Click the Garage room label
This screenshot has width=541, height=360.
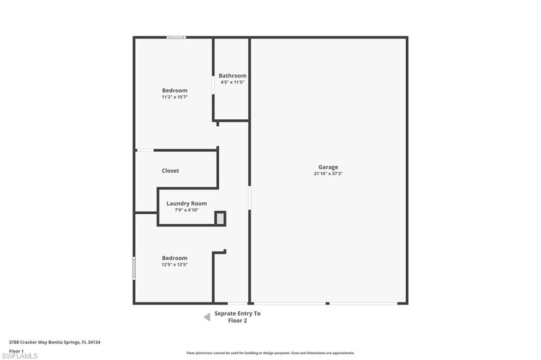[328, 167]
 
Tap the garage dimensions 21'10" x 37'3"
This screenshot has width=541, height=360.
[328, 174]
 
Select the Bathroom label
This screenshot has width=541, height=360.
[232, 75]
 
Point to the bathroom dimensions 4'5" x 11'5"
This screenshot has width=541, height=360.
[232, 82]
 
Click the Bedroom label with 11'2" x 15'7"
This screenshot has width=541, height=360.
[174, 90]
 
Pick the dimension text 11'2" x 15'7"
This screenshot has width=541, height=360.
[174, 97]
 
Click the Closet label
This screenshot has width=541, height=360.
[171, 170]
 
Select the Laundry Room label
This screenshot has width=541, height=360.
[186, 203]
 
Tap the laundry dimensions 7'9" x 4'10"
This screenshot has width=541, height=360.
[186, 210]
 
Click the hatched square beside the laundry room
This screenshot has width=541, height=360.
[220, 219]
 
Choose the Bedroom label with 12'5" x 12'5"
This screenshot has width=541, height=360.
[174, 258]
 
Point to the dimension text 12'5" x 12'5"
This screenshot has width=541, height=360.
[174, 264]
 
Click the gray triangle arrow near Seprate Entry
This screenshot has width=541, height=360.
[207, 317]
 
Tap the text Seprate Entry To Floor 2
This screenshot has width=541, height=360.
[237, 317]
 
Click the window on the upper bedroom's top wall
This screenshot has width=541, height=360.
[176, 37]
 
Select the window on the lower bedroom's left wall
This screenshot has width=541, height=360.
[134, 268]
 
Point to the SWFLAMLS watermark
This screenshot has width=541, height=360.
[20, 356]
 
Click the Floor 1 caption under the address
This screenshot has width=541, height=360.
[16, 351]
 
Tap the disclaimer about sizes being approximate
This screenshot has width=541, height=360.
[270, 353]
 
